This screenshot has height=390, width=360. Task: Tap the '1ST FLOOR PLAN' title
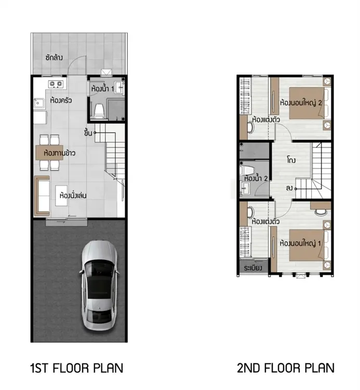[x=77, y=368]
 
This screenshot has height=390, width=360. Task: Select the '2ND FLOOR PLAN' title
[x=286, y=368]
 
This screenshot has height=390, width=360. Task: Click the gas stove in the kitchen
[x=56, y=84]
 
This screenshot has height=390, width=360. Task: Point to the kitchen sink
[x=39, y=103]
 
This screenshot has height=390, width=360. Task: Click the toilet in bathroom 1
[x=99, y=111]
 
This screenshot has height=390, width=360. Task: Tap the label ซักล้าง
[x=54, y=58]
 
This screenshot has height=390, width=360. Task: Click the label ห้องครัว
[x=61, y=100]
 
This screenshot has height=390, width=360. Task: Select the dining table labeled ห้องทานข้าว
[x=49, y=152]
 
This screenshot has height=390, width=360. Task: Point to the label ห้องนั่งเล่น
[x=73, y=195]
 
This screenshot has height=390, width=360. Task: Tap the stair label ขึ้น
[x=88, y=133]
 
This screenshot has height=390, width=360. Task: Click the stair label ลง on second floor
[x=289, y=188]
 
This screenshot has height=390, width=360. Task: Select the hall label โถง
[x=291, y=160]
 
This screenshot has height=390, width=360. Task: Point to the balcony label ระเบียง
[x=253, y=268]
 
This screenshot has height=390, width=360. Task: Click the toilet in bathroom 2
[x=247, y=170]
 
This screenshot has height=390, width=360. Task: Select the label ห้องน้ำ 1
[x=103, y=88]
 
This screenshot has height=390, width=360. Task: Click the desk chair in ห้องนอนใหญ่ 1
[x=321, y=212]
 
